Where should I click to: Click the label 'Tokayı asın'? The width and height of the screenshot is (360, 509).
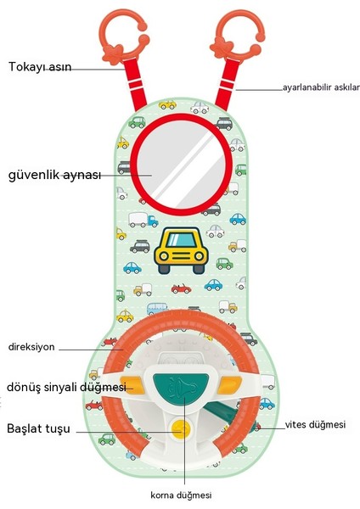(40, 66)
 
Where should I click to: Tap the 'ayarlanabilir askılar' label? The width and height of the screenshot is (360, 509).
(321, 87)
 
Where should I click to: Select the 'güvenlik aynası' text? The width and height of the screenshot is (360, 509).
(54, 175)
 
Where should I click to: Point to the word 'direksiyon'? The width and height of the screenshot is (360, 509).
(31, 347)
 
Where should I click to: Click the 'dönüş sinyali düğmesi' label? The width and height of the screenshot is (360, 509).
(66, 387)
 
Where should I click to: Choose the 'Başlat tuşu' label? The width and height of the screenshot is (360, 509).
(38, 428)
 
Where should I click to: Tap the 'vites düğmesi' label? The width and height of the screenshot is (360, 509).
(315, 424)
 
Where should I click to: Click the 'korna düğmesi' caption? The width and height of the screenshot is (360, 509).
(181, 495)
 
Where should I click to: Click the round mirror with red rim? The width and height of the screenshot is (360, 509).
(181, 165)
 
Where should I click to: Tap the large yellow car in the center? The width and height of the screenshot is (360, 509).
(181, 250)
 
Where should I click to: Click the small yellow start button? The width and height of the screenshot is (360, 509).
(182, 429)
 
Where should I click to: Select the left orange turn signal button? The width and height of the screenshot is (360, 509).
(132, 385)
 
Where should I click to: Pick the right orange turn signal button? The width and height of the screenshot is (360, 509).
(230, 385)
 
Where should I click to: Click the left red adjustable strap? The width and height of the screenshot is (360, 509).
(136, 84)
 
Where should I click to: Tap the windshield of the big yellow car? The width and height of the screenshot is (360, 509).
(181, 240)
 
